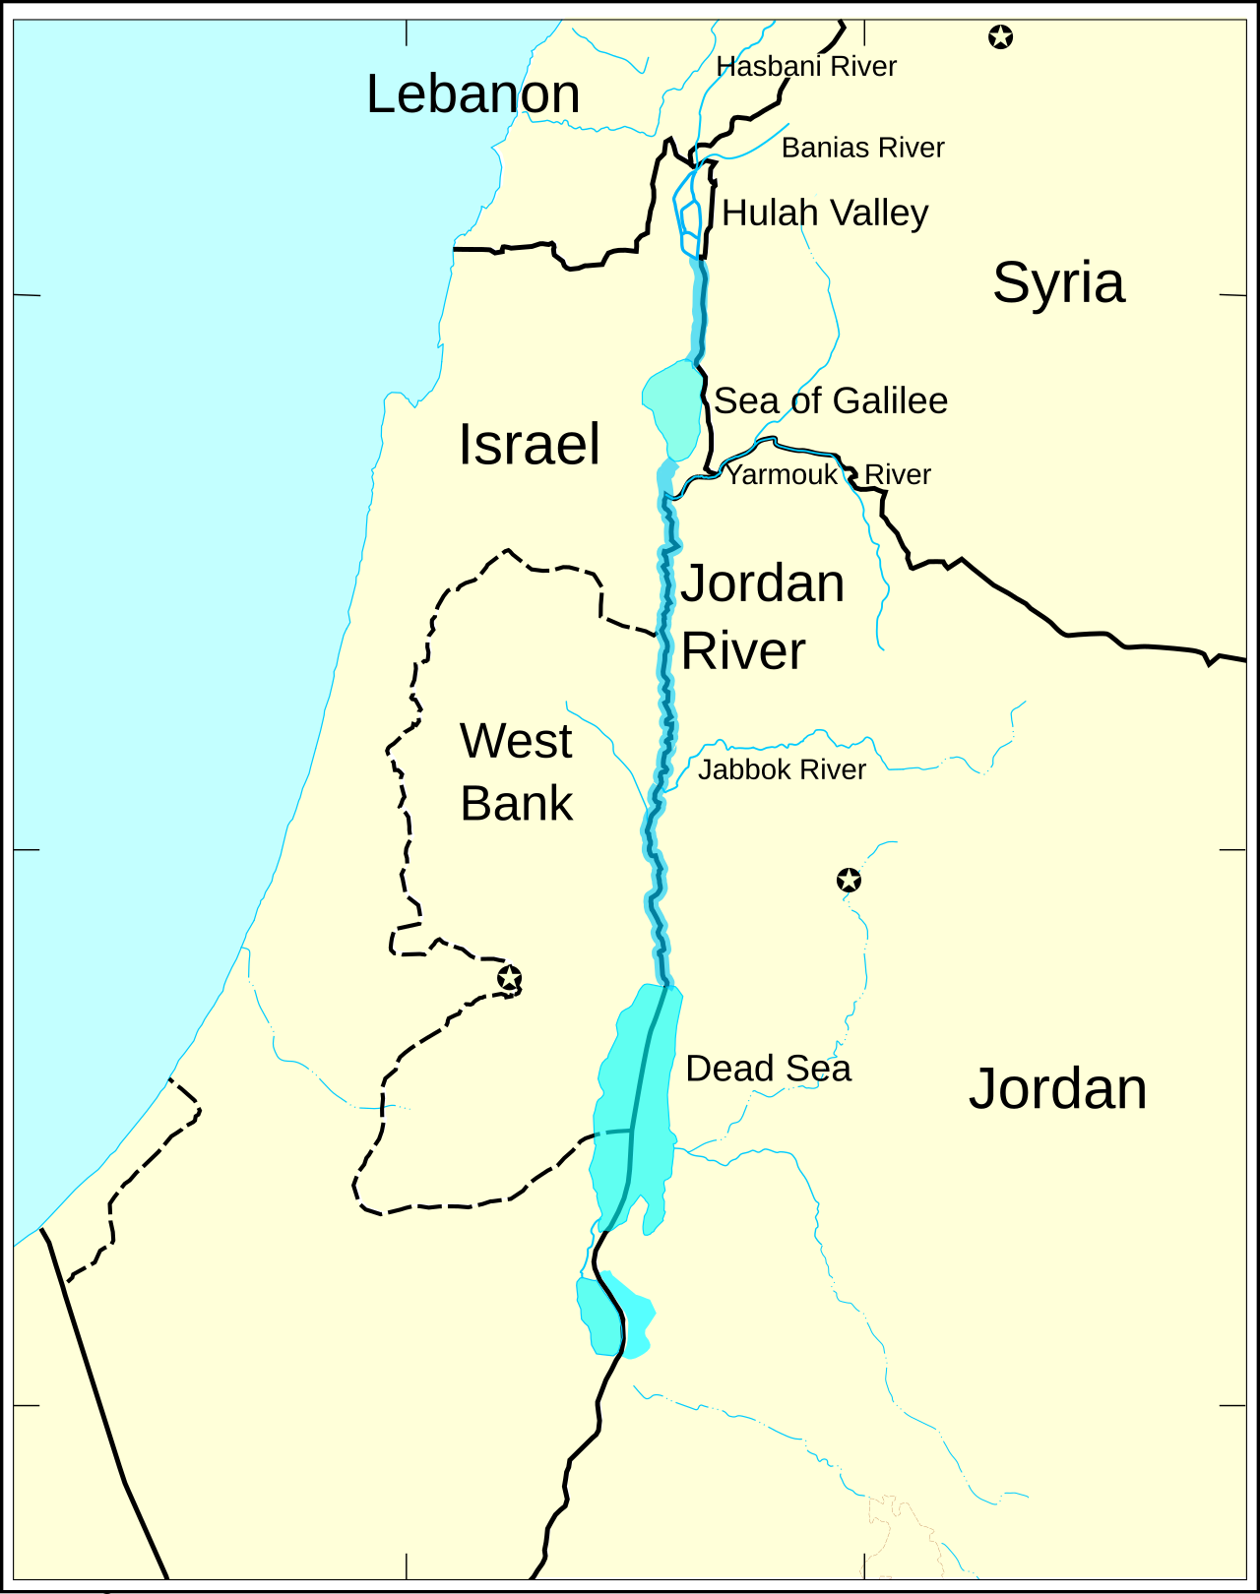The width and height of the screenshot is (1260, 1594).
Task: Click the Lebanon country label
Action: click(x=472, y=94)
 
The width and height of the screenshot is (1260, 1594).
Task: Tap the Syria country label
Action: click(x=1058, y=282)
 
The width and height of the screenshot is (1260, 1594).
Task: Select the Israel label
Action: click(x=529, y=444)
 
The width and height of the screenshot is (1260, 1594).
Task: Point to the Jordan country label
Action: click(x=1057, y=1088)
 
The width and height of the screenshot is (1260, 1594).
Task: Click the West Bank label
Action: click(x=516, y=772)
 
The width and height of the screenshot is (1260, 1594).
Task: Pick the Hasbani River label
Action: click(x=806, y=67)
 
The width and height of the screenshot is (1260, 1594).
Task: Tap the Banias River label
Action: click(x=862, y=148)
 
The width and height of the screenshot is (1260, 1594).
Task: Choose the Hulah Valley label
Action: click(x=825, y=213)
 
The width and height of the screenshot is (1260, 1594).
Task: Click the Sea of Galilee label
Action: click(x=830, y=400)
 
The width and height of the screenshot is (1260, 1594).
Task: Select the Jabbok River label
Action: click(x=782, y=769)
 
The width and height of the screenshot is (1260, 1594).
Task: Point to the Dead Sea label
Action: click(x=768, y=1069)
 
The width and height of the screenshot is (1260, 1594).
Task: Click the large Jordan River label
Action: click(x=761, y=617)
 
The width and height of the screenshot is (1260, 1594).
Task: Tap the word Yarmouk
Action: click(x=782, y=474)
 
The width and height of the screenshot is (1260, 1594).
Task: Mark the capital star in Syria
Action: click(x=1000, y=37)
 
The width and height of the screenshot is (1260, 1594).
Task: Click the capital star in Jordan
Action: click(x=849, y=880)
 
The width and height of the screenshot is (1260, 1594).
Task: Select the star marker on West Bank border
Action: click(x=509, y=978)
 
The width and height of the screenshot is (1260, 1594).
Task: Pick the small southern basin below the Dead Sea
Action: click(x=613, y=1317)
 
